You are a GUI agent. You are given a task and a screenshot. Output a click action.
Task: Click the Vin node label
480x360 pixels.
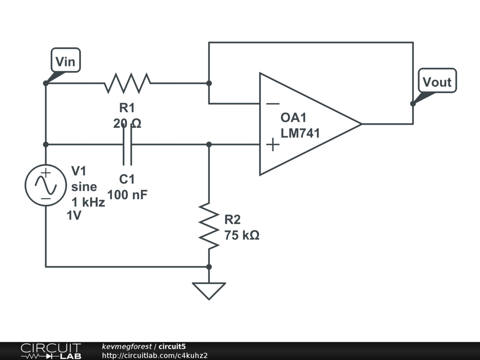click(65, 61)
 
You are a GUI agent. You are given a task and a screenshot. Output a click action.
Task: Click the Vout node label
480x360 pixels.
click(437, 82)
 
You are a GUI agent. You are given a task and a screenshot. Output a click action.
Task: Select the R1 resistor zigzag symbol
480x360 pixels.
click(127, 83)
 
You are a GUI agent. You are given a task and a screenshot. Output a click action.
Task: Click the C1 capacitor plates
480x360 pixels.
click(127, 145)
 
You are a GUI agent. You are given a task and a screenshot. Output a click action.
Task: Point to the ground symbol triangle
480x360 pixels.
click(209, 290)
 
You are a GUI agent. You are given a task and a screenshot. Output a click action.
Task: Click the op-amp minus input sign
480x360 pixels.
click(273, 104)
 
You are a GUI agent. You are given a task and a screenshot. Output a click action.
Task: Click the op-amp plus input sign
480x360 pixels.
click(272, 145)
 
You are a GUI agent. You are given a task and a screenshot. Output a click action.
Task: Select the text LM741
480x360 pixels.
click(300, 133)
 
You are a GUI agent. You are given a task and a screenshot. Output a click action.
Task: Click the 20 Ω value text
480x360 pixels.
click(127, 123)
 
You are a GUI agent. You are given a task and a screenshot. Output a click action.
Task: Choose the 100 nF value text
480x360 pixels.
click(127, 195)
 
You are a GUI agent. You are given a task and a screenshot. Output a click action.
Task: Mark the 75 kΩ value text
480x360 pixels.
click(242, 235)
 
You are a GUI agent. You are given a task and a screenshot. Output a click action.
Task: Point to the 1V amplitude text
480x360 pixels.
click(74, 216)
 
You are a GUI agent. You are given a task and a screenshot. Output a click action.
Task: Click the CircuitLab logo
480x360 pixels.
click(51, 351)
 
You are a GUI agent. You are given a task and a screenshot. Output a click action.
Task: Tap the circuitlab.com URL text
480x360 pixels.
click(155, 355)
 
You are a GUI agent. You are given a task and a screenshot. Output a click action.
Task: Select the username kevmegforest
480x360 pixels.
click(127, 346)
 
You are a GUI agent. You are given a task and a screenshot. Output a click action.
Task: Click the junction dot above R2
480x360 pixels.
click(209, 145)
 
